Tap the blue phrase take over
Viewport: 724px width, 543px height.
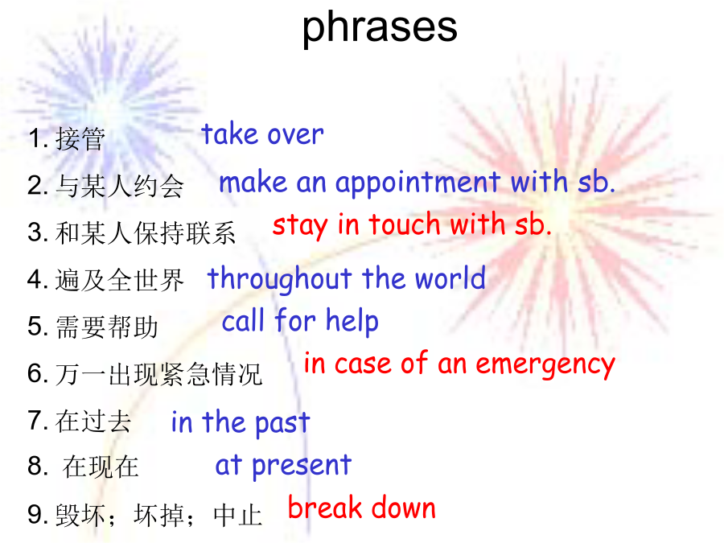click(262, 134)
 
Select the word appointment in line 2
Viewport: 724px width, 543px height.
click(418, 183)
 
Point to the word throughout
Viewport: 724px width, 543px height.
click(280, 279)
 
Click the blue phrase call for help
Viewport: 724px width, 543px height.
click(300, 321)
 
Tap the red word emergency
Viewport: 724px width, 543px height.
click(545, 365)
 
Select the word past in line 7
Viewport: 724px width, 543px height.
click(282, 423)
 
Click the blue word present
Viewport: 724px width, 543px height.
click(302, 466)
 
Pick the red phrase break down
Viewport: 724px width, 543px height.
click(362, 508)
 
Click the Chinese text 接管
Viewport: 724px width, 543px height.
click(80, 138)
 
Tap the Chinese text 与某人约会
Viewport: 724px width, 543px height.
click(120, 186)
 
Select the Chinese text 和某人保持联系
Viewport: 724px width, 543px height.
click(146, 232)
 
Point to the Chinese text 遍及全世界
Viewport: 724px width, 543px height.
click(120, 280)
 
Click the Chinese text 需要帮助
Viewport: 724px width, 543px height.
click(107, 327)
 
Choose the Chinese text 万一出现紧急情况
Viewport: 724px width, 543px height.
click(158, 374)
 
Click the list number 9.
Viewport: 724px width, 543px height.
click(35, 514)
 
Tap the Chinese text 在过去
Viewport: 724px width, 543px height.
click(93, 421)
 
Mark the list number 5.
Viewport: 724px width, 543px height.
click(35, 327)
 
